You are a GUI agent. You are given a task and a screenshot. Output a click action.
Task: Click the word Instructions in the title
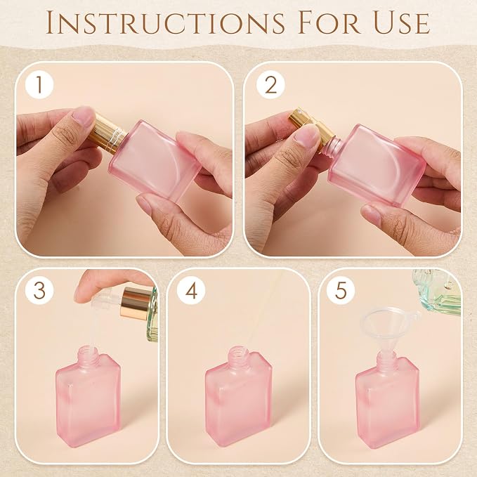tap(165, 22)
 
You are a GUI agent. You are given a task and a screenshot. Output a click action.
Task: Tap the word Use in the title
tap(402, 22)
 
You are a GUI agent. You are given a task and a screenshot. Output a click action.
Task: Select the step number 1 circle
tap(39, 84)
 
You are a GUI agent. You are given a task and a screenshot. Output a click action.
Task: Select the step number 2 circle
tap(270, 84)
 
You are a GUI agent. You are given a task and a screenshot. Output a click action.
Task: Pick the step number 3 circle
tap(39, 290)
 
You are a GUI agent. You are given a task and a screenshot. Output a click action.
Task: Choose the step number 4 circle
tap(191, 290)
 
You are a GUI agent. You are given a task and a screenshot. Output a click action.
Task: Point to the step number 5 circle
tap(341, 290)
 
